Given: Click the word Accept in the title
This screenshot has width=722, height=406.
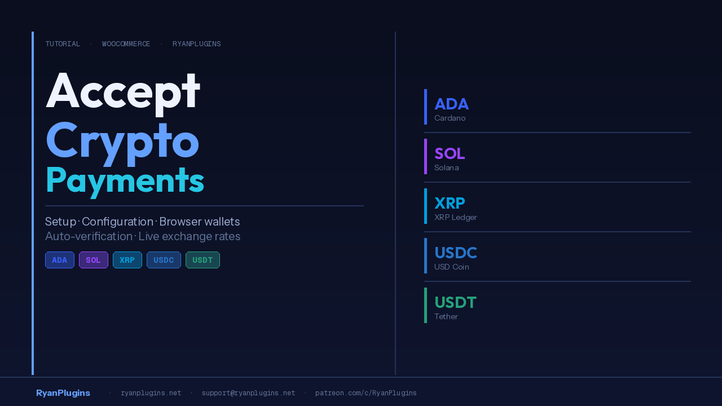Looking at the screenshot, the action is tap(123, 92).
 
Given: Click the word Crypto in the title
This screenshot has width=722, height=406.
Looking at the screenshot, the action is tap(122, 144).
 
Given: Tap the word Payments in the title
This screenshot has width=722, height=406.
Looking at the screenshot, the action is tap(125, 182).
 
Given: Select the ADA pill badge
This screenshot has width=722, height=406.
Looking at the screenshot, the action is tap(60, 260).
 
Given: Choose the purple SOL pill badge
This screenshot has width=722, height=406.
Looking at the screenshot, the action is tap(94, 260).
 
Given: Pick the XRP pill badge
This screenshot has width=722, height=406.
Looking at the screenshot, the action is tap(127, 260).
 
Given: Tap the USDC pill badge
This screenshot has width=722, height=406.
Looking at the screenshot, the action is tap(164, 260).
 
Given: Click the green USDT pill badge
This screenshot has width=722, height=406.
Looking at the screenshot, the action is tap(202, 260).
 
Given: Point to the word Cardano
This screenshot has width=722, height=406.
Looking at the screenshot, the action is tap(450, 118).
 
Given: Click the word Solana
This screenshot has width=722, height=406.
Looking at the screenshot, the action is tap(446, 168).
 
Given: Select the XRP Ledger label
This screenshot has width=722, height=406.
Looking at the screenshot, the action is tap(456, 218).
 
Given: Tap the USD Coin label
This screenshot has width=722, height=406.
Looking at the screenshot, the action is tap(452, 267).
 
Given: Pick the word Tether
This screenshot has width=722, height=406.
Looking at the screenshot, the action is tap(446, 317).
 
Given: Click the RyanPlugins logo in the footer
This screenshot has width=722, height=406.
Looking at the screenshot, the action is tap(63, 393).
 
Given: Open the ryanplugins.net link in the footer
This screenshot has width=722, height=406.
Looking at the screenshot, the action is tap(151, 393).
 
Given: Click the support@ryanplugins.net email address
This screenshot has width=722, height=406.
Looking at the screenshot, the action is tap(249, 393).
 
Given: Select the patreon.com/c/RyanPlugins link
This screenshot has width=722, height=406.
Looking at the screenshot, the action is tap(366, 393).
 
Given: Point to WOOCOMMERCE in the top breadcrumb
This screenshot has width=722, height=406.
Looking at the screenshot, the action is tap(126, 44).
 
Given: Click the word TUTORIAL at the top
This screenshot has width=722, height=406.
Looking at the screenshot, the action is tap(63, 44).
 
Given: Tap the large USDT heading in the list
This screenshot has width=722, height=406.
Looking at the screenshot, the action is tap(455, 303).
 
